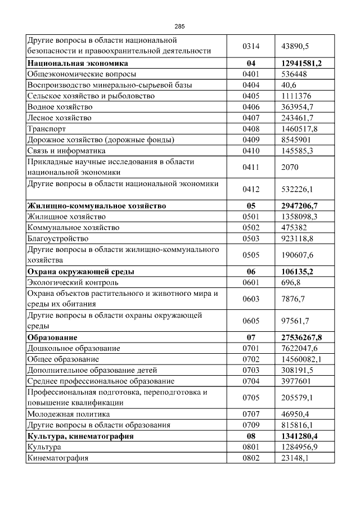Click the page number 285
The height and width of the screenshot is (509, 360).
[179, 26]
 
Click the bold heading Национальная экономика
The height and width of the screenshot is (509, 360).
[78, 63]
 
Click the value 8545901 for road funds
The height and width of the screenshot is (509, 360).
[296, 140]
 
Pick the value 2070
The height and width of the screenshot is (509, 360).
[290, 167]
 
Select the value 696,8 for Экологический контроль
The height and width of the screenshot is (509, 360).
[291, 282]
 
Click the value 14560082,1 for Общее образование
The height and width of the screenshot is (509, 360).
[301, 359]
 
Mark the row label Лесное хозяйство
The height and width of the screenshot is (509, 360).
[59, 118]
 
